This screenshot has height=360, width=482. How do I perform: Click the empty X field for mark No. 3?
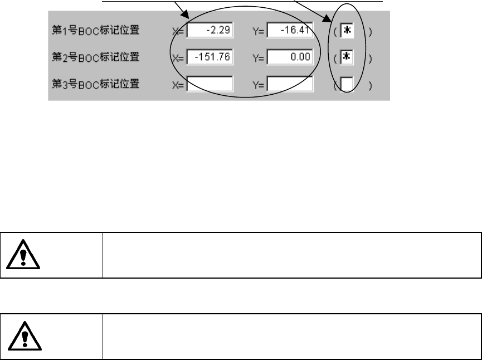click(210, 84)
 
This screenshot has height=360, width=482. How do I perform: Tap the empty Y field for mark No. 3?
click(290, 84)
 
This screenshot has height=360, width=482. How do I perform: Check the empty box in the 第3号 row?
click(347, 84)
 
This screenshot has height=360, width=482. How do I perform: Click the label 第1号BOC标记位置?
click(95, 30)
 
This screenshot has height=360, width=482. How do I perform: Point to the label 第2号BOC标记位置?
click(95, 57)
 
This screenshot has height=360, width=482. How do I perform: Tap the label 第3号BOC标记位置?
click(95, 84)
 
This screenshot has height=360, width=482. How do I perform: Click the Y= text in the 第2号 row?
click(258, 58)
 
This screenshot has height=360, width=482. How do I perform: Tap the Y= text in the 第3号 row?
click(258, 85)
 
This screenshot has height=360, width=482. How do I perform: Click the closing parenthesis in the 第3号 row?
click(370, 85)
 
